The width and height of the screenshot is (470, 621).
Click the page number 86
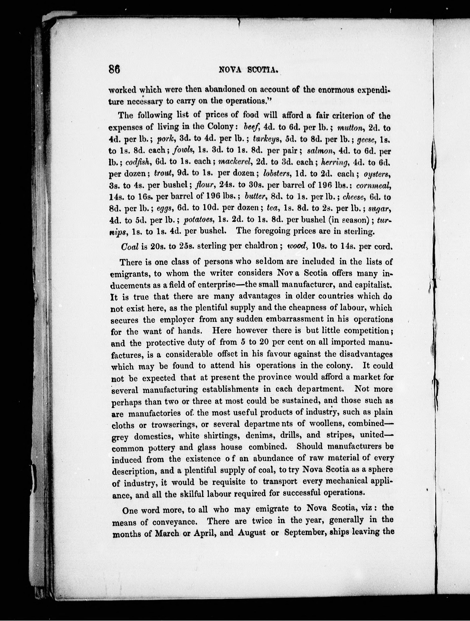point(114,69)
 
